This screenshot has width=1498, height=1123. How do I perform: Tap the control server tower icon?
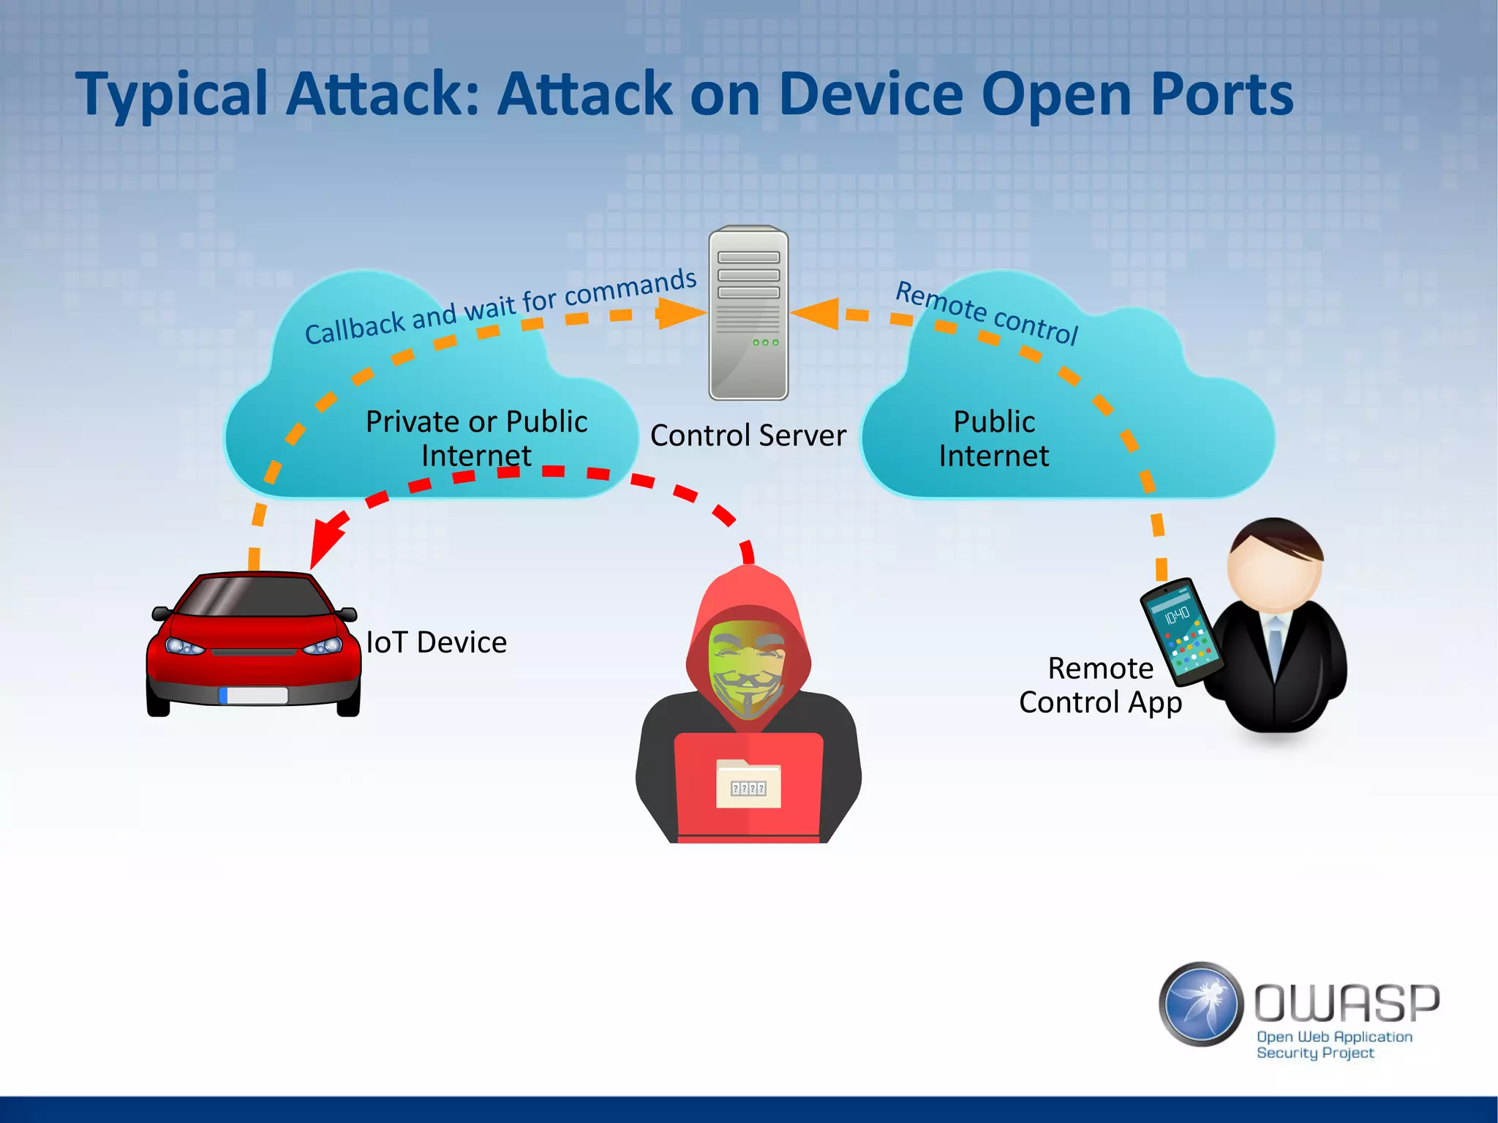[x=748, y=313]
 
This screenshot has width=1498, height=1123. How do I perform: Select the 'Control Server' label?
[x=748, y=435]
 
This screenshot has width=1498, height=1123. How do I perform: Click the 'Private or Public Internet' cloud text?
[x=476, y=438]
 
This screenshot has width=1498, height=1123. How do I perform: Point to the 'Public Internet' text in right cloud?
[x=993, y=438]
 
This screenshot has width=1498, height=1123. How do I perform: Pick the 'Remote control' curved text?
[x=987, y=312]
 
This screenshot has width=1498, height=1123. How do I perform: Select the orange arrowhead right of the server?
[x=816, y=313]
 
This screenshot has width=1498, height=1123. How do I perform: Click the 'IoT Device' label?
[x=437, y=642]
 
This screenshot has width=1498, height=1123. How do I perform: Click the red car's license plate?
[x=253, y=695]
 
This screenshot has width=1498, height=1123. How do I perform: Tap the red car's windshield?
[x=252, y=596]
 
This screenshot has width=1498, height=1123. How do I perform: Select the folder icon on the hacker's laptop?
[x=748, y=784]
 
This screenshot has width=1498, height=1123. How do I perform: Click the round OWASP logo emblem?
[x=1200, y=1004]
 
